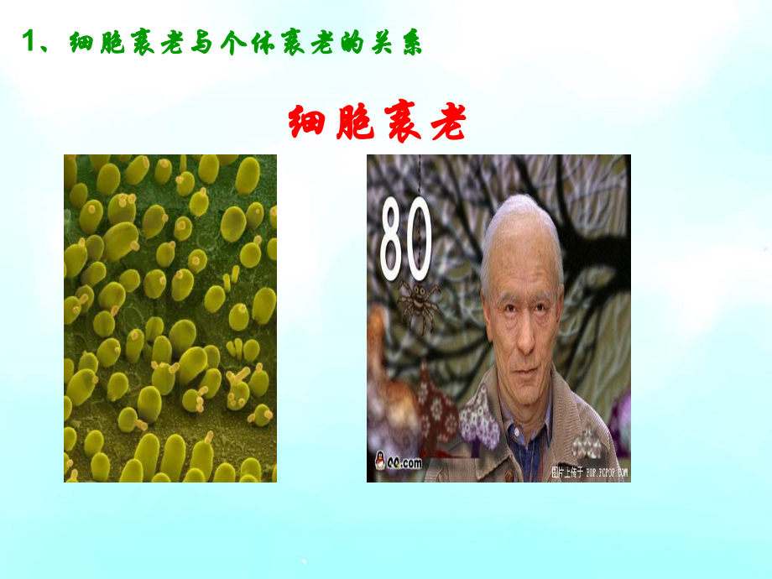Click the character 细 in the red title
(310, 123)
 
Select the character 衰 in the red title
(399, 123)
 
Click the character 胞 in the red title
(354, 123)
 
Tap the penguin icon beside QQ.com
(379, 462)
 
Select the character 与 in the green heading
(204, 44)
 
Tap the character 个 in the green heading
(238, 44)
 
